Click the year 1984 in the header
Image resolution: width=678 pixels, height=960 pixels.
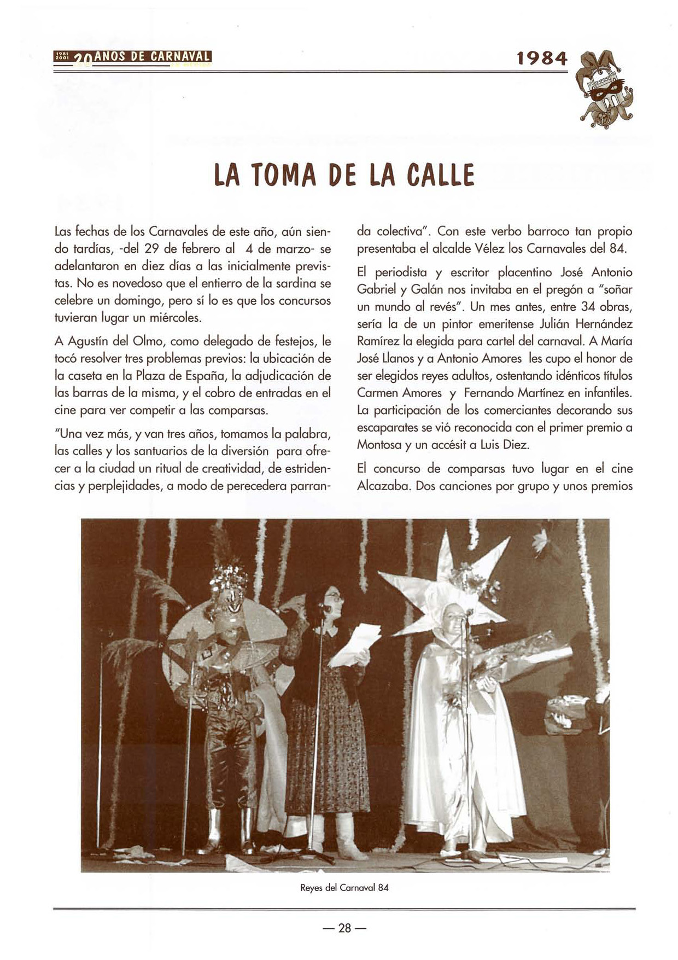click(x=542, y=57)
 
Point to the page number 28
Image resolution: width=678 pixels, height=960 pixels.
click(x=344, y=928)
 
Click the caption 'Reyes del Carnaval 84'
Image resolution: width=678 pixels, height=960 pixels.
click(x=344, y=887)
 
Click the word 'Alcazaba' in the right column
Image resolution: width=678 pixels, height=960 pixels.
click(x=384, y=486)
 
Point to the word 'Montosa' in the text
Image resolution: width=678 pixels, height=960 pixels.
click(x=378, y=445)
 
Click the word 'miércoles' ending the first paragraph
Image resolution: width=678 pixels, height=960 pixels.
click(x=178, y=318)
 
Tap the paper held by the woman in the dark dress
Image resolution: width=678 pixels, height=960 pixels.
click(x=353, y=645)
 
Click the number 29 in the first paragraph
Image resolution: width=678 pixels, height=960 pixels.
click(x=151, y=249)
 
